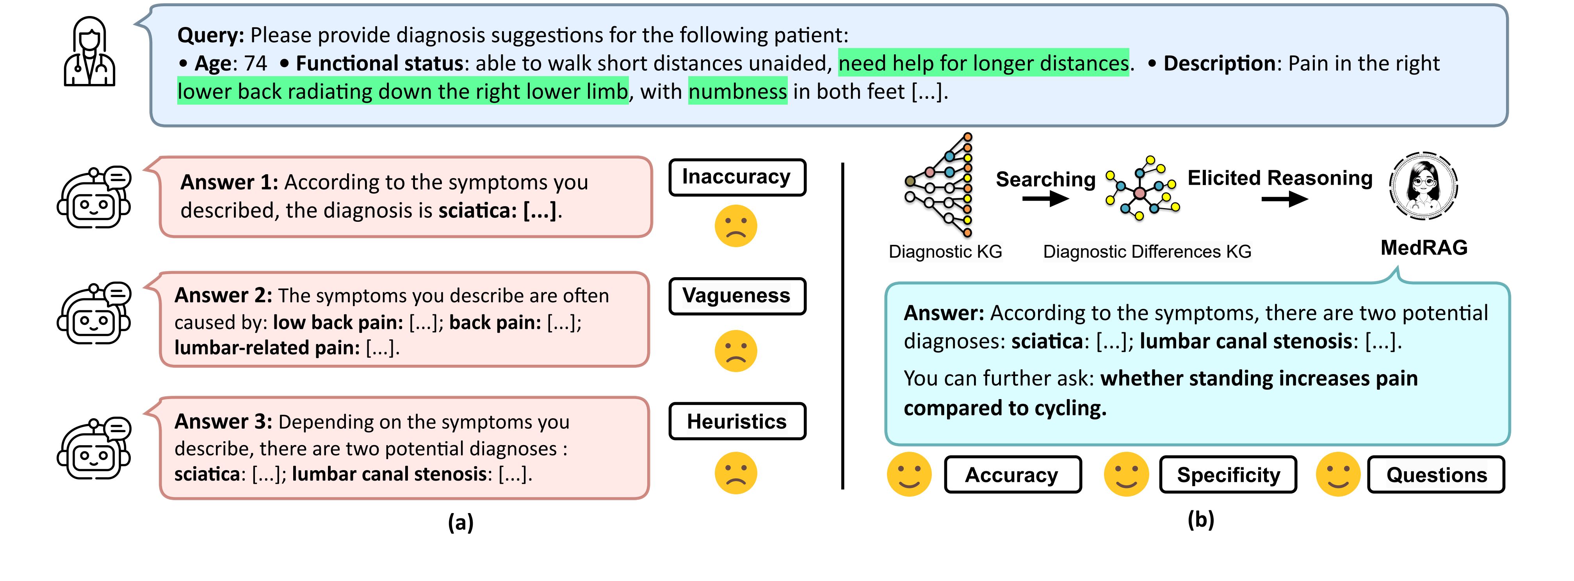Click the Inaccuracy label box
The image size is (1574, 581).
tap(737, 177)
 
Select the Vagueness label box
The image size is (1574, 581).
tap(737, 296)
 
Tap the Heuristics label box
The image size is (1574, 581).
tap(737, 422)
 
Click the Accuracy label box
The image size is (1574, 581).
tap(1013, 475)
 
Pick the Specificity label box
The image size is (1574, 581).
tap(1228, 475)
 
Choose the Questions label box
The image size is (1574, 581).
tap(1436, 475)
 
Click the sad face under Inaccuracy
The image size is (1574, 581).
tap(736, 226)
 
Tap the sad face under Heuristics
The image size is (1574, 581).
tap(736, 473)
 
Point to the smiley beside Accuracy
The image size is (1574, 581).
tap(909, 474)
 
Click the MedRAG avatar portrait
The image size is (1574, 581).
tap(1424, 185)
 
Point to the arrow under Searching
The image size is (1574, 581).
tap(1045, 199)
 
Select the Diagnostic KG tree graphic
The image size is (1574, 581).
tap(938, 185)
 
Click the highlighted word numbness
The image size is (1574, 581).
tap(737, 92)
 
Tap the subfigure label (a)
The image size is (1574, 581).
tap(461, 523)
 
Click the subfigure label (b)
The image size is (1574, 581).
tap(1201, 520)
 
